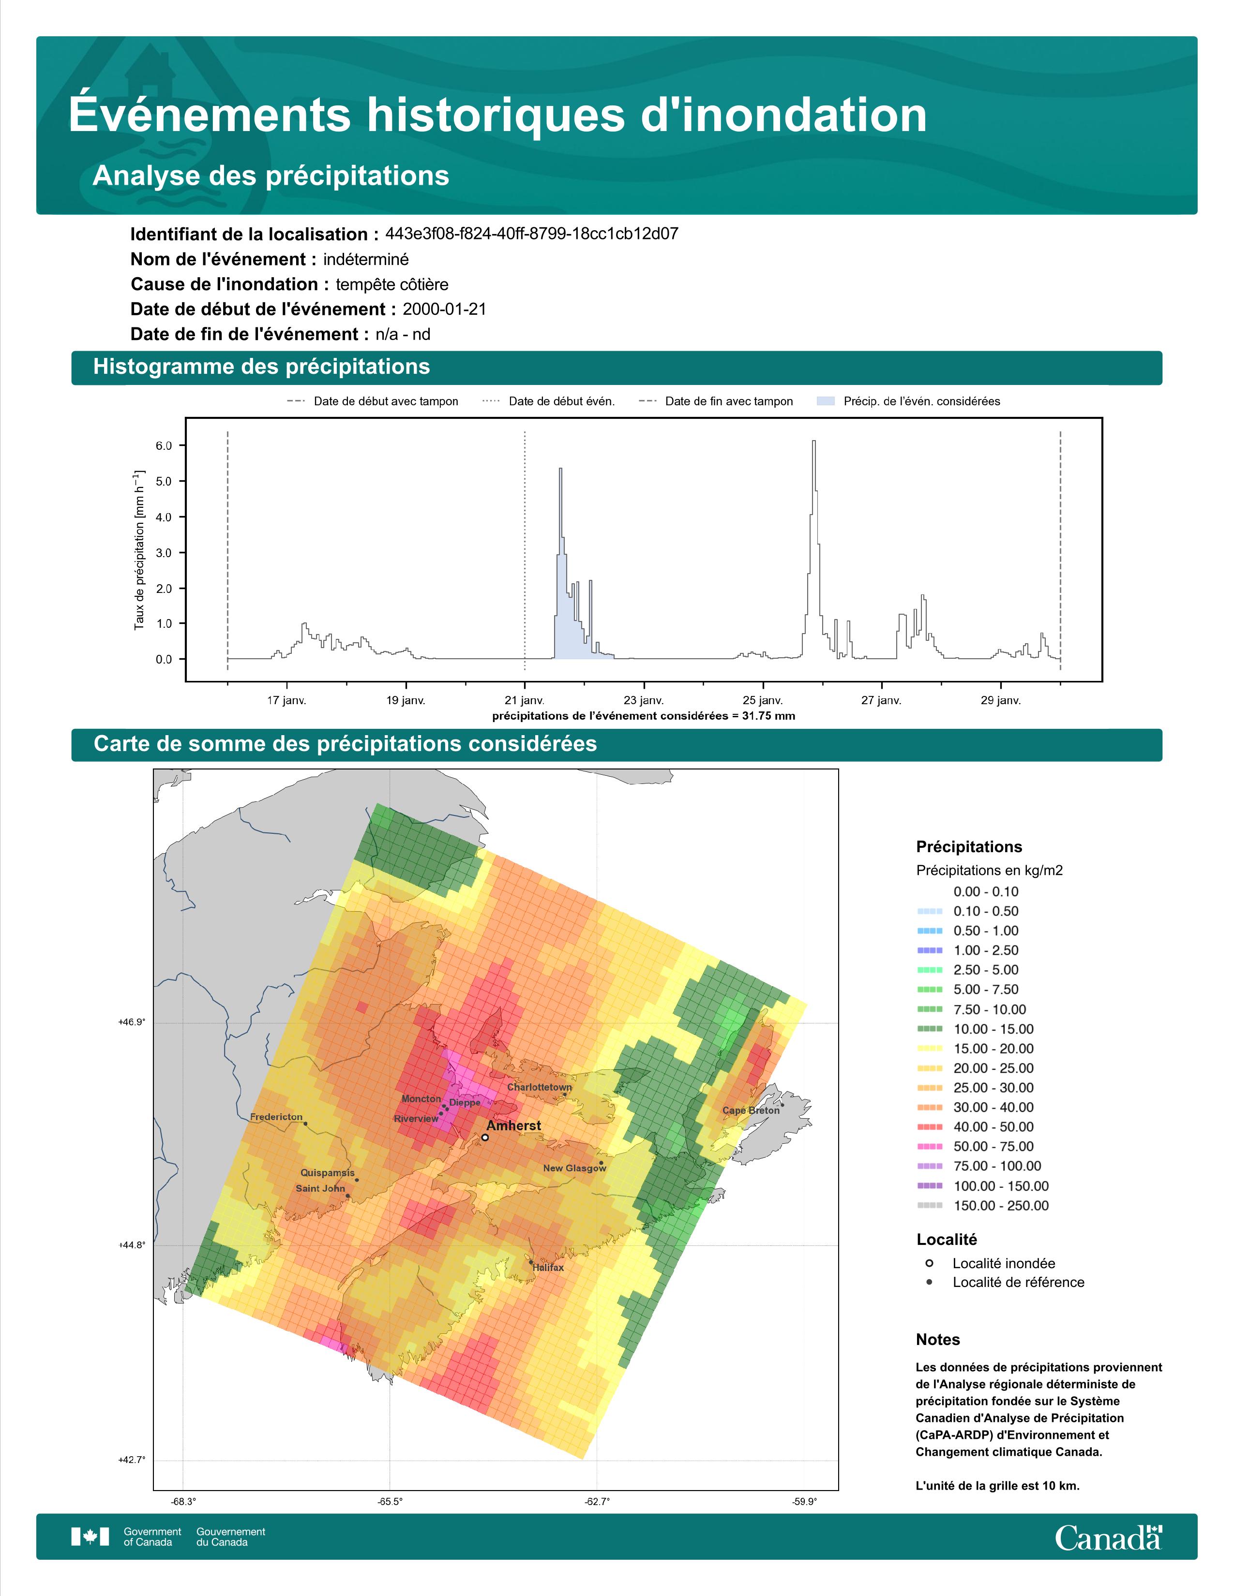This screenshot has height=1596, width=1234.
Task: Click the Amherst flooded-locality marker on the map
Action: click(485, 1137)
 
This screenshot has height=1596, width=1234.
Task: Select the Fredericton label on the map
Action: click(276, 1117)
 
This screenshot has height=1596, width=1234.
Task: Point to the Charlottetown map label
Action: click(540, 1087)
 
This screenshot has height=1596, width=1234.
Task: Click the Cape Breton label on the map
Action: click(751, 1110)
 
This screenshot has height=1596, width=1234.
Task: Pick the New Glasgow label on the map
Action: click(574, 1168)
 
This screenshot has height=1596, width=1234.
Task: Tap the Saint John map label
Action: click(320, 1188)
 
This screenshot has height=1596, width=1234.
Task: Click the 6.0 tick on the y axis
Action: click(164, 446)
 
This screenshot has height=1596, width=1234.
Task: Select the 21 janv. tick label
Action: click(525, 700)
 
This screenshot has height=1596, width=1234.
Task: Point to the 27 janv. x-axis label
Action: click(881, 700)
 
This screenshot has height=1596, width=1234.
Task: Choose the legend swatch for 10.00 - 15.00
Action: click(929, 1029)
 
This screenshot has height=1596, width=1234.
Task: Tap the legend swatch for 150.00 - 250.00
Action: click(929, 1206)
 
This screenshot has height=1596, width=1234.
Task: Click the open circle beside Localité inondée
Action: click(929, 1263)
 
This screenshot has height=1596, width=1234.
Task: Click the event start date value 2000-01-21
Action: click(444, 309)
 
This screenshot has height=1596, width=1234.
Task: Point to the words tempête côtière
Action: click(392, 284)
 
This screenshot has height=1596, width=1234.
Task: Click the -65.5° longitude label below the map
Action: click(390, 1502)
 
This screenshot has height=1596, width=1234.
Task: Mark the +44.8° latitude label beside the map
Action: click(132, 1244)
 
